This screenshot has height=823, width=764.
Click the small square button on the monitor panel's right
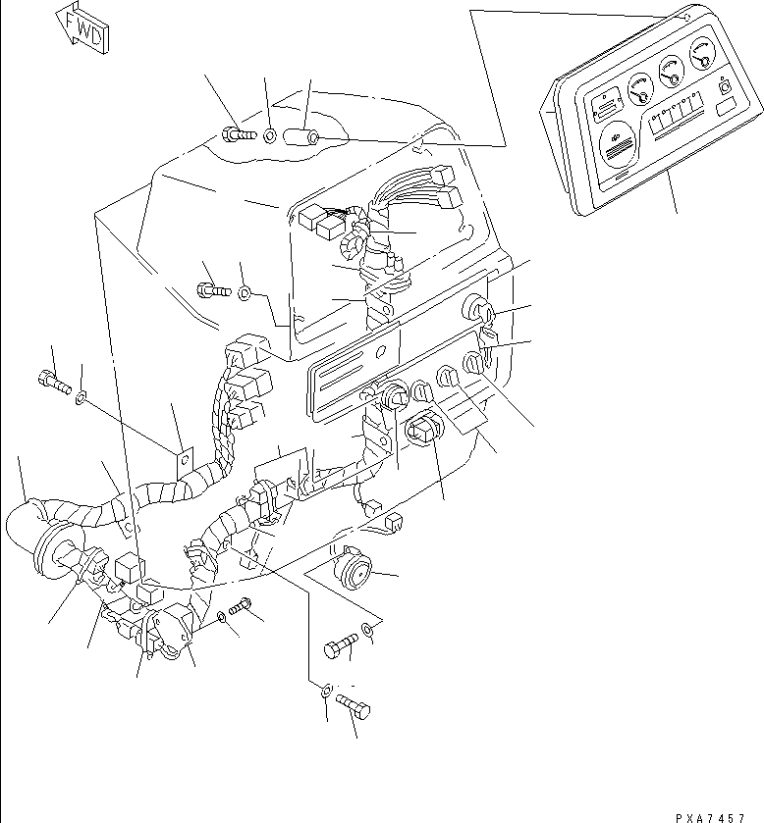point(726,87)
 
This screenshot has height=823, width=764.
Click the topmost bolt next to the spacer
point(235,133)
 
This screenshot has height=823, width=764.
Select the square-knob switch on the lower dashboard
point(421,433)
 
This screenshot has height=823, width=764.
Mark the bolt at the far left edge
point(55,383)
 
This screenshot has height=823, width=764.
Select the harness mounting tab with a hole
point(181,462)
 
